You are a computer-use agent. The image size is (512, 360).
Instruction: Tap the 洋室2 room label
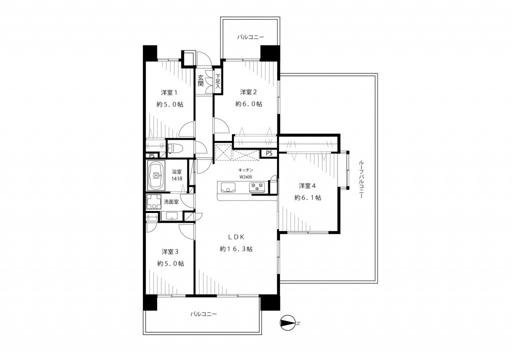coord(248,92)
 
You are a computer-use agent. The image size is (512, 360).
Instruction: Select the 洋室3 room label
coord(170,252)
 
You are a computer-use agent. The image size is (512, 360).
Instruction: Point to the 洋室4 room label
coord(307,186)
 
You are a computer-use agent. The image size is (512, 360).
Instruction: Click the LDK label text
coord(236,237)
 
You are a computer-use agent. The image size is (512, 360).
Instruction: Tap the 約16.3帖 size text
coord(236,249)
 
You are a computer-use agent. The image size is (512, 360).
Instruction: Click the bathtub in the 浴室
coord(156,176)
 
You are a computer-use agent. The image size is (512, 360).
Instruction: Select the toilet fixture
coord(175,148)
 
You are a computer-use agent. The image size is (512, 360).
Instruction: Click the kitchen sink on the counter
coord(228,187)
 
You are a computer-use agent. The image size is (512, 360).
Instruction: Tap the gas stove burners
coord(257,187)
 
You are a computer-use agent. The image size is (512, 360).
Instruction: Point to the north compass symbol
coord(287,323)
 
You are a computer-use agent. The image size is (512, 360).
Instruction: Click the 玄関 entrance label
coord(200,80)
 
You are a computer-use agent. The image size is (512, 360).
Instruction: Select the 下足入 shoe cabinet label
coord(217,81)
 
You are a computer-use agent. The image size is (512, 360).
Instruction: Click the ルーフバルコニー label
coord(361,179)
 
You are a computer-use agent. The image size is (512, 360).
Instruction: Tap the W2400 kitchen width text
coord(245,176)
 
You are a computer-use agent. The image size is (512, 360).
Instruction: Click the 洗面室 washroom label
coord(171,202)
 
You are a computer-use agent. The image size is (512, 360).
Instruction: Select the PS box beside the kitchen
coord(268,153)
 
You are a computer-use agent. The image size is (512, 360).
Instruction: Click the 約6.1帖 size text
coord(307,197)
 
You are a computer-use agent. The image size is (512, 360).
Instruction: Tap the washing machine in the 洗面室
coord(153,202)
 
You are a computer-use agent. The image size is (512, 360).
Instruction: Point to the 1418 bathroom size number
coord(177,178)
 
